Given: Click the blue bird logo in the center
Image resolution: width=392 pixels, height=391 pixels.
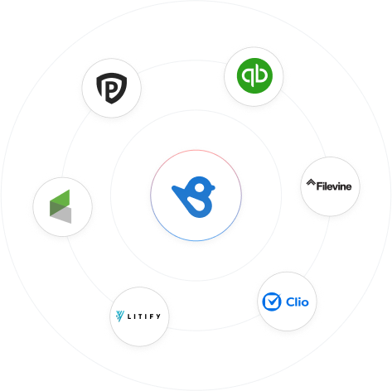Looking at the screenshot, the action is tap(193, 196).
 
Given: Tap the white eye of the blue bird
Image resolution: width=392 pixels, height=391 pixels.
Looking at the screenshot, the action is tap(200, 188).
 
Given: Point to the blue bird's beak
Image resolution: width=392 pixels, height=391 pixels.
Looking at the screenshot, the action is tap(213, 187).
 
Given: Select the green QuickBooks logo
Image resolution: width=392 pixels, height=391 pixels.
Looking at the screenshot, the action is tap(254, 75).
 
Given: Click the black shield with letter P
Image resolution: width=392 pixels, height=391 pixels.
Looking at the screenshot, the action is tap(111, 88).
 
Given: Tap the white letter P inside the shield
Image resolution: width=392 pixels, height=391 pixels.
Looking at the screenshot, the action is tap(111, 89).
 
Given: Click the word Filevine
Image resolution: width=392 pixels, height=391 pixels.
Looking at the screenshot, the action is tap(334, 186).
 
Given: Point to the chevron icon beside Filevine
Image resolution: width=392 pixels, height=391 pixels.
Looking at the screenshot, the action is tap(311, 182).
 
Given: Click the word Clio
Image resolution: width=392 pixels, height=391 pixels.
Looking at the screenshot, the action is tap(298, 302).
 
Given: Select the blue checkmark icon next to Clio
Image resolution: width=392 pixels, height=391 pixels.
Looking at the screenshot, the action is tap(272, 302).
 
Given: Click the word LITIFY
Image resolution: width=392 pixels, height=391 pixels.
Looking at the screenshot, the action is tap(143, 316).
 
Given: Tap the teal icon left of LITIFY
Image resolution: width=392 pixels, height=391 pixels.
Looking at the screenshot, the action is tap(119, 316).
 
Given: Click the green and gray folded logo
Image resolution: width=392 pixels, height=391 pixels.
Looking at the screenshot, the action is tap(60, 206).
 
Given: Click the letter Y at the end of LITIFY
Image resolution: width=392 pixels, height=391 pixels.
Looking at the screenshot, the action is tap(158, 316).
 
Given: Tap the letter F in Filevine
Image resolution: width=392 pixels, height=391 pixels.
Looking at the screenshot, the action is tap(319, 186).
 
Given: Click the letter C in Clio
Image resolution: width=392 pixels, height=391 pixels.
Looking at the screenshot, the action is tap(290, 302).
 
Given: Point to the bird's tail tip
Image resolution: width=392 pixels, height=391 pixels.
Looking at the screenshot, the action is tap(173, 188).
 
